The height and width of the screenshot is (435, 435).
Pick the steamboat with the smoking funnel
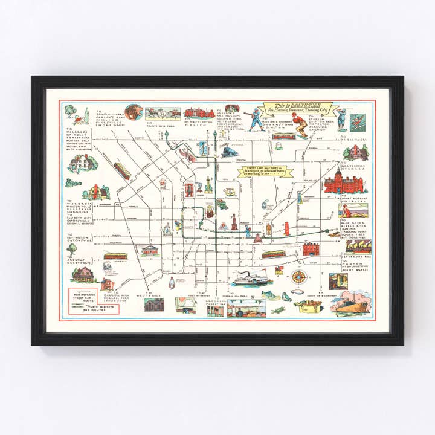249,279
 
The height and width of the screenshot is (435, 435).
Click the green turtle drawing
286,296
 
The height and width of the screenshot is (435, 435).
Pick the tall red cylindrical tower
287,228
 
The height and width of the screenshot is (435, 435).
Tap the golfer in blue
341,118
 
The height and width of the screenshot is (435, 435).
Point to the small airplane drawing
279,310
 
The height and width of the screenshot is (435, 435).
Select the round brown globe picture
134,112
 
